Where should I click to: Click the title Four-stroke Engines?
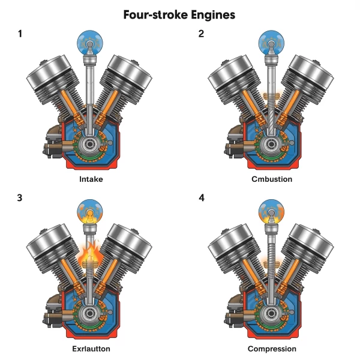[x=180, y=14]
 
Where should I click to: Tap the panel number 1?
[x=21, y=34]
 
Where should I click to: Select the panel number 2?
[x=202, y=34]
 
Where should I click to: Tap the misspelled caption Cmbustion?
[x=271, y=179]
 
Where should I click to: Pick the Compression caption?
[x=271, y=348]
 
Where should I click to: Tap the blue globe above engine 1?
[x=90, y=43]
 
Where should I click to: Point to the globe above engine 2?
[x=271, y=43]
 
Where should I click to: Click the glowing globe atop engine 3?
[x=90, y=212]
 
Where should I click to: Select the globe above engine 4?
[x=271, y=212]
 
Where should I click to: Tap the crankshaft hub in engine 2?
[x=272, y=144]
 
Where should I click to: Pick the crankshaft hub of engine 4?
[x=272, y=313]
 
